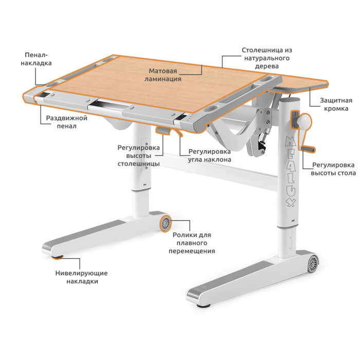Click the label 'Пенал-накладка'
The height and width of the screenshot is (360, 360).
pyautogui.click(x=36, y=59)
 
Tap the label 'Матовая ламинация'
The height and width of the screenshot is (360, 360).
pyautogui.click(x=163, y=75)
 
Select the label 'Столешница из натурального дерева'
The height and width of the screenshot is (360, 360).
pyautogui.click(x=267, y=58)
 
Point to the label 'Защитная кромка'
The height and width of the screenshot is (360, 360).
pyautogui.click(x=336, y=104)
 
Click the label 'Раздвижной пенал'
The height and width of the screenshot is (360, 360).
pyautogui.click(x=66, y=122)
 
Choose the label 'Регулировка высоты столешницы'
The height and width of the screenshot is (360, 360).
pyautogui.click(x=138, y=156)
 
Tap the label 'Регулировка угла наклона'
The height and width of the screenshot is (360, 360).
pyautogui.click(x=209, y=155)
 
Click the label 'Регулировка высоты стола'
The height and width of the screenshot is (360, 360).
pyautogui.click(x=333, y=169)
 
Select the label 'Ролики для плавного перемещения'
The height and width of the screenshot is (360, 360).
pyautogui.click(x=192, y=243)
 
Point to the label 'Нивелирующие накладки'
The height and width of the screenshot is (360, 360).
pyautogui.click(x=81, y=277)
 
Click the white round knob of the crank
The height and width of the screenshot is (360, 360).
pyautogui.click(x=304, y=120)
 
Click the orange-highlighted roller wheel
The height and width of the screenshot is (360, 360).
pyautogui.click(x=165, y=223)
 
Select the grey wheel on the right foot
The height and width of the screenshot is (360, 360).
pyautogui.click(x=313, y=264)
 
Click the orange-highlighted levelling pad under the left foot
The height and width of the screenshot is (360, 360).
pyautogui.click(x=57, y=257)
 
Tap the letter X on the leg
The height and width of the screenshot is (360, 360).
pyautogui.click(x=291, y=202)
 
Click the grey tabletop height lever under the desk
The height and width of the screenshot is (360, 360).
pyautogui.click(x=163, y=130)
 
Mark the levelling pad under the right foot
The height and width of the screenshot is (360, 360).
pyautogui.click(x=204, y=305)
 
